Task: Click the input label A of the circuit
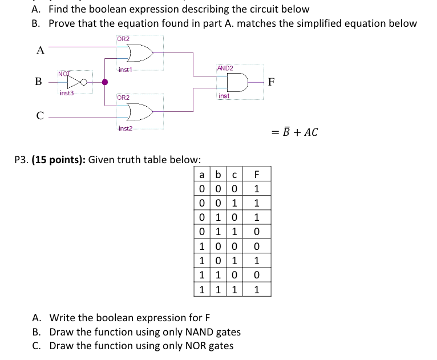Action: pyautogui.click(x=40, y=50)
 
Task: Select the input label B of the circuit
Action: pyautogui.click(x=38, y=82)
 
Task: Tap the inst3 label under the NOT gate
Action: pyautogui.click(x=67, y=92)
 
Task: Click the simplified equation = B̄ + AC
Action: pyautogui.click(x=295, y=132)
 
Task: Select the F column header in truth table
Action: pyautogui.click(x=257, y=175)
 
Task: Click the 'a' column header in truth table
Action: pyautogui.click(x=202, y=175)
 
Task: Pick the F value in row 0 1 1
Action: pyautogui.click(x=257, y=230)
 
